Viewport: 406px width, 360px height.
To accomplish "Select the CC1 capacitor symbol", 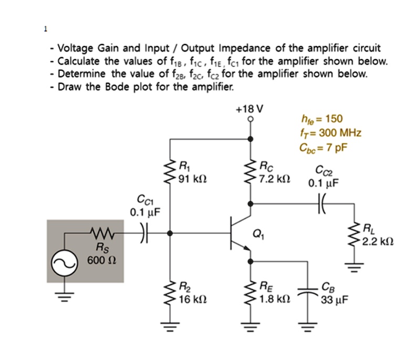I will pos(145,232).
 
